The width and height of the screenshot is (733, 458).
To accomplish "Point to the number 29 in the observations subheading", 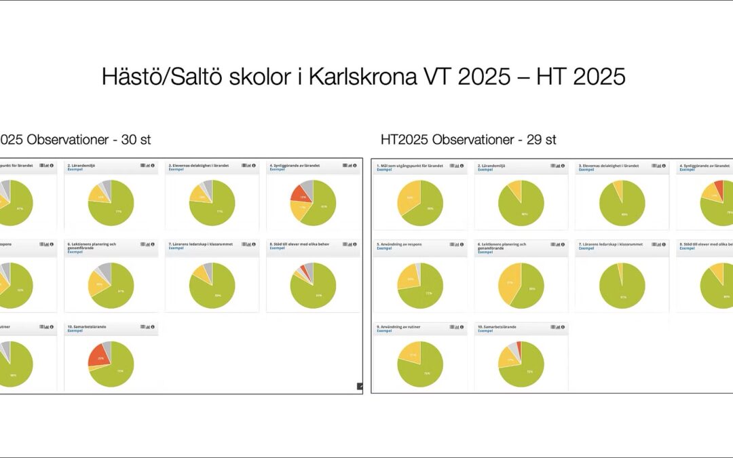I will (x=529, y=140).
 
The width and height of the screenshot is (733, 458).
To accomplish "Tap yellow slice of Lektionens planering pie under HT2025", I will (x=508, y=284).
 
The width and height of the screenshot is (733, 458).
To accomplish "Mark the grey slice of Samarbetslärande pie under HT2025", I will (x=513, y=348).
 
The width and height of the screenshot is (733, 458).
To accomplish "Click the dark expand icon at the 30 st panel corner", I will (x=360, y=386).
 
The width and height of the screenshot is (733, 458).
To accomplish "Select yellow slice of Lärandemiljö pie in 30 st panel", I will (x=98, y=197).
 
